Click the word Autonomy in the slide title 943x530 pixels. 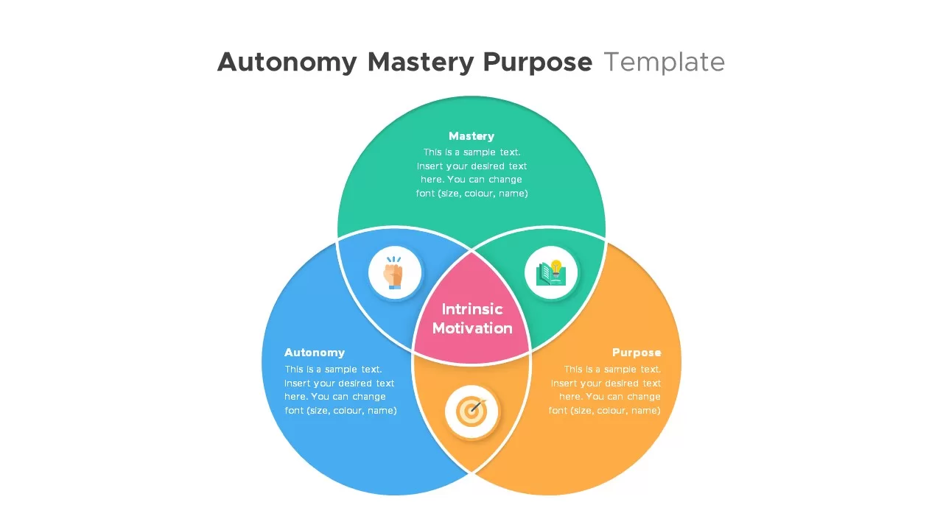[x=287, y=63]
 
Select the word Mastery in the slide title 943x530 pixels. [x=420, y=63]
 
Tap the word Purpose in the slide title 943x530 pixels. [x=537, y=63]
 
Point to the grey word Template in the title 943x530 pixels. [x=664, y=63]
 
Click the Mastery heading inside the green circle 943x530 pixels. [x=471, y=136]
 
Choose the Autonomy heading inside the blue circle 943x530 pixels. [x=315, y=353]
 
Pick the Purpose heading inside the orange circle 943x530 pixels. [x=637, y=353]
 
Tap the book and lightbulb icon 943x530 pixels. [x=551, y=273]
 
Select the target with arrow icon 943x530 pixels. [x=471, y=411]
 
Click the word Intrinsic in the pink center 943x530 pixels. [x=472, y=309]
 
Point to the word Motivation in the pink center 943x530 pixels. [x=472, y=328]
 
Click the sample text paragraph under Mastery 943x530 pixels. [x=471, y=173]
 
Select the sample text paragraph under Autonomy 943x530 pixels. [x=340, y=390]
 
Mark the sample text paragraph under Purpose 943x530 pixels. [x=605, y=390]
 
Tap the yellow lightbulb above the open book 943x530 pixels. [x=556, y=266]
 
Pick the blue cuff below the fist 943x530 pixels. [x=394, y=286]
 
